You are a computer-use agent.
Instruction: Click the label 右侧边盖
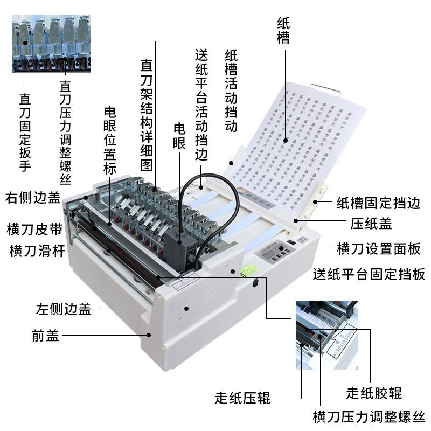pyautogui.click(x=33, y=198)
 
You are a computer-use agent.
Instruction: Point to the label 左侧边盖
pyautogui.click(x=63, y=309)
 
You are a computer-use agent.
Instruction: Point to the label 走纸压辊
pyautogui.click(x=242, y=399)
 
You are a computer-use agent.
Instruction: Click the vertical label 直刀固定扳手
pyautogui.click(x=25, y=133)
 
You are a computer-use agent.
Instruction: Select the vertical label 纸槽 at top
pyautogui.click(x=283, y=30)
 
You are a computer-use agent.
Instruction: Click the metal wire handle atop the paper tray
pyautogui.click(x=325, y=87)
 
